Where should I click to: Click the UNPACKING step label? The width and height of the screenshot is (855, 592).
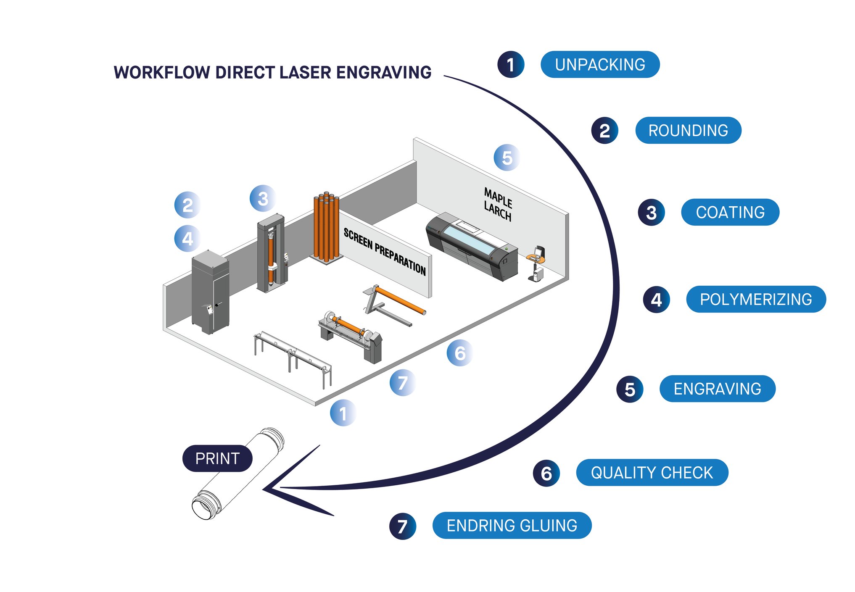(600, 65)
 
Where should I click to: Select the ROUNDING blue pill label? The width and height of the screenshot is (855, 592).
(688, 130)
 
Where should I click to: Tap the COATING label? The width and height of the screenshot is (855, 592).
(730, 212)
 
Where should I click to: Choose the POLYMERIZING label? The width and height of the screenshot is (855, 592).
(755, 299)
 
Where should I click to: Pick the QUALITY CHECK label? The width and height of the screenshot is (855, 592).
(652, 473)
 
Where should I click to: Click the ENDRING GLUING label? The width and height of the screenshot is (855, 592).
(512, 526)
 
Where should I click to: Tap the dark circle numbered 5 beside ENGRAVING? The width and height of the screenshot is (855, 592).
(629, 389)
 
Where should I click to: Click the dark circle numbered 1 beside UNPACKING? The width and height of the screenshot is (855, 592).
(510, 65)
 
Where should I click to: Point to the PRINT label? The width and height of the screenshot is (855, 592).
(217, 458)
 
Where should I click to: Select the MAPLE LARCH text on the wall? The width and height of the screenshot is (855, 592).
(498, 204)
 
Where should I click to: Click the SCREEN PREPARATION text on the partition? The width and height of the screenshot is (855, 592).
(384, 251)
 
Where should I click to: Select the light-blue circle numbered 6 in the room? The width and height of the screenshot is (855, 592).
(459, 353)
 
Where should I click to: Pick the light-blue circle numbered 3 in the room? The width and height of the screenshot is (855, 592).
(263, 198)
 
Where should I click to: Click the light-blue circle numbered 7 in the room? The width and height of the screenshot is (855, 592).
(402, 383)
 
